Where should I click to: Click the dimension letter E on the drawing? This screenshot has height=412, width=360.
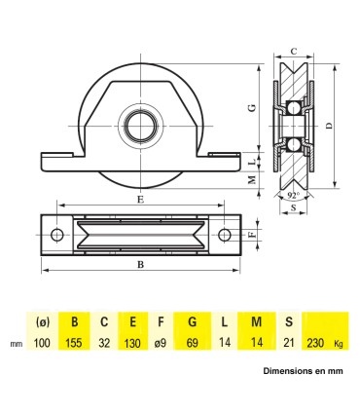click(141, 199)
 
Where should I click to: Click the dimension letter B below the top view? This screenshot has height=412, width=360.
click(141, 264)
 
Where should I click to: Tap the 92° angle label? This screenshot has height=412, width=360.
click(294, 195)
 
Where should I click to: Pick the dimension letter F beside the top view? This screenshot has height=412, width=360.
click(252, 234)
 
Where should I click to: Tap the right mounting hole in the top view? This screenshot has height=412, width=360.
click(225, 234)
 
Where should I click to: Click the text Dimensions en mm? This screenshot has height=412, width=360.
click(302, 371)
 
